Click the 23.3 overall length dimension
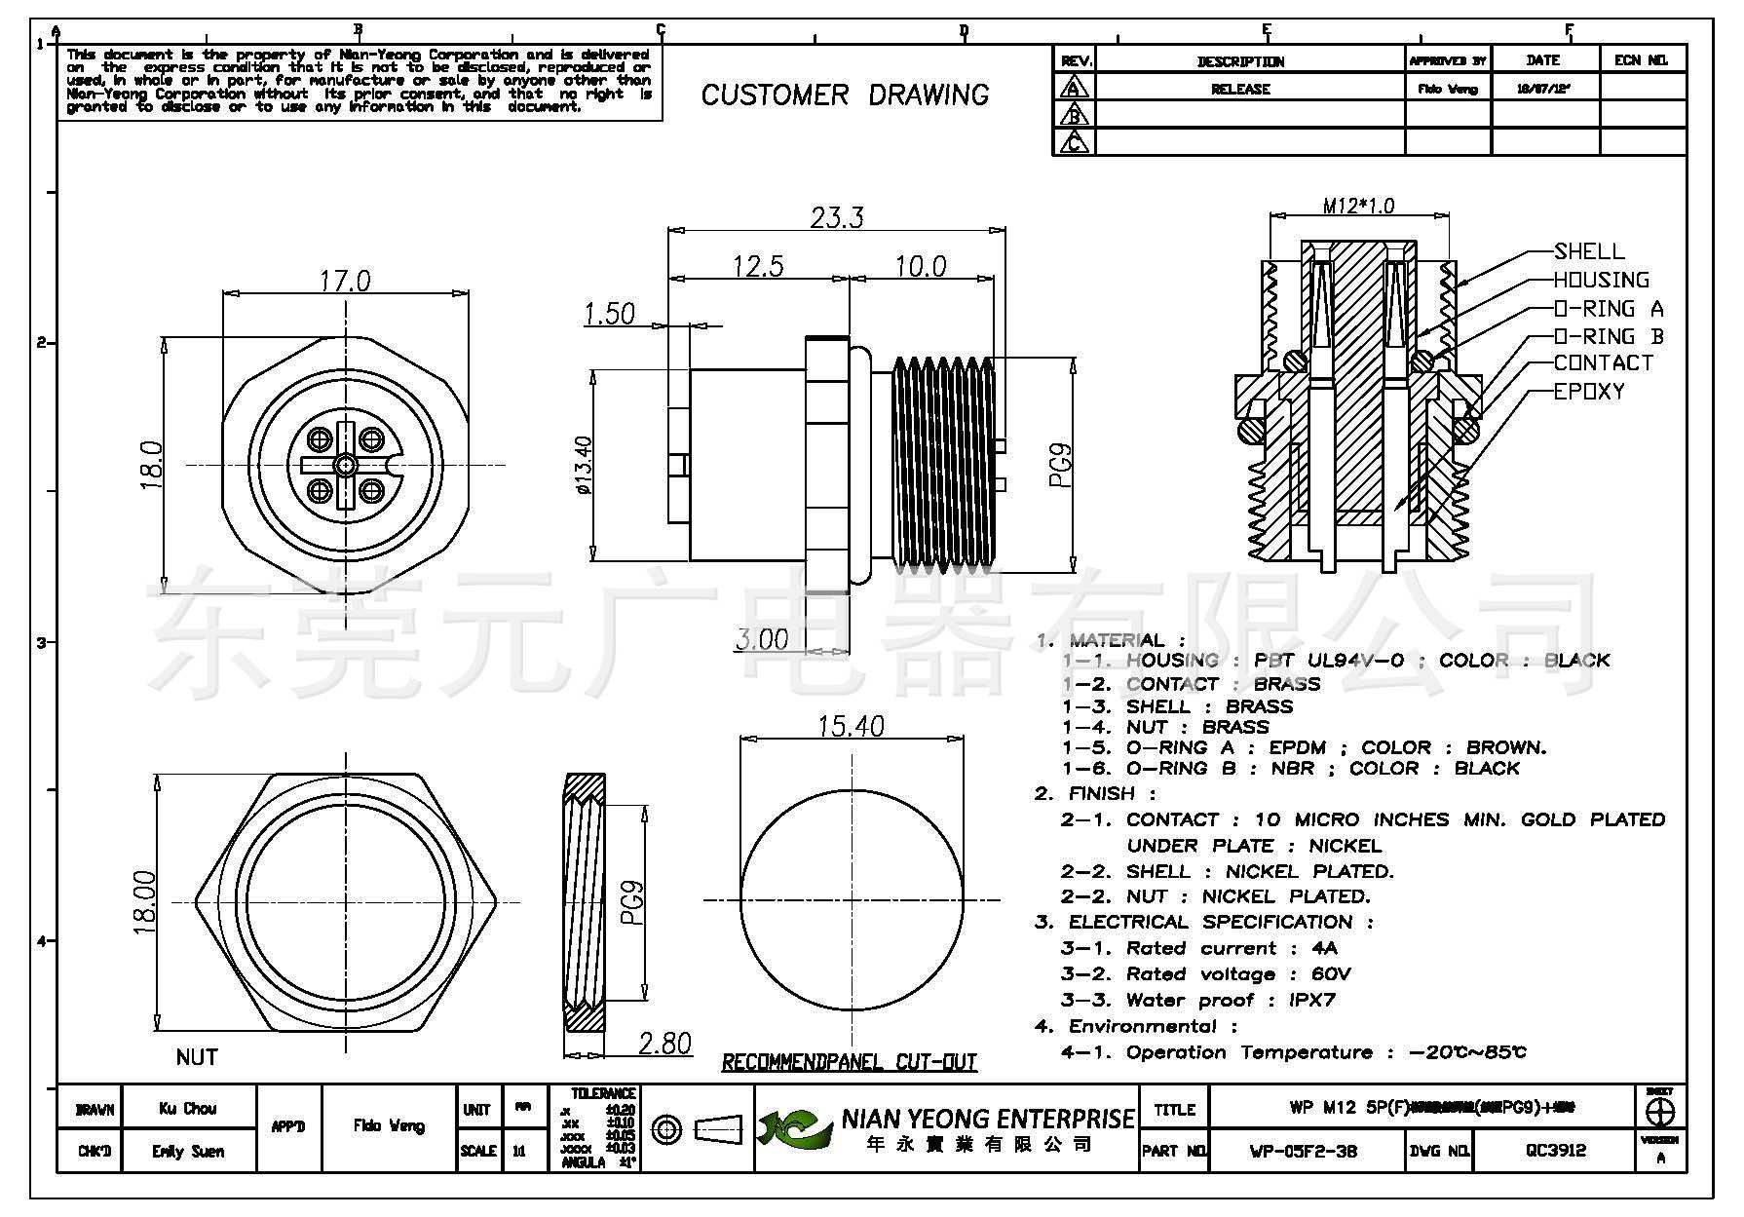837,216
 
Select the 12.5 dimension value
758,265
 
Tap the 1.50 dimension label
609,314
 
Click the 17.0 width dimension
345,281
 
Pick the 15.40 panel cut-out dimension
851,726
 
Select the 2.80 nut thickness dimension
664,1044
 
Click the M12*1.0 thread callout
1358,206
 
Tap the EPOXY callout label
1589,392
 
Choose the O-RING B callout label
1609,336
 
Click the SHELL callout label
1589,251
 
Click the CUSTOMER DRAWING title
845,95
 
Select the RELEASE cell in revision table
1240,89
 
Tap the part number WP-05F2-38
1303,1151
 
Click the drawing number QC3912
1555,1151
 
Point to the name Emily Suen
188,1152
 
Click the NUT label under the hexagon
197,1057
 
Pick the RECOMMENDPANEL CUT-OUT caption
849,1062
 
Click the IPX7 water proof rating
1311,1000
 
